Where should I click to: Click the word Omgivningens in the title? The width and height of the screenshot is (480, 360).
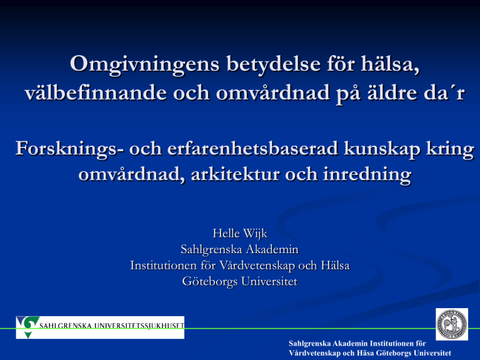coord(145,64)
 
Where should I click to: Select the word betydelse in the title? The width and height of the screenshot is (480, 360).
coord(273,64)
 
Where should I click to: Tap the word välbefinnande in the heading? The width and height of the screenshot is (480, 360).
coord(96,92)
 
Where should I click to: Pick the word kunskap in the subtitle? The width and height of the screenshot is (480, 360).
coord(382,149)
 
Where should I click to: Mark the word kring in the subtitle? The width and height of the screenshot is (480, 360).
coord(450,150)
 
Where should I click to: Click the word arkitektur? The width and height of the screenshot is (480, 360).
coord(235,174)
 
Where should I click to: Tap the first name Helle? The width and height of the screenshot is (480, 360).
coord(226,233)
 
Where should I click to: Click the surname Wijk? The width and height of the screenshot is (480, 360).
coord(255,234)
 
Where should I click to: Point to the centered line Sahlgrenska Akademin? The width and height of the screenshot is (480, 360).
coord(240,249)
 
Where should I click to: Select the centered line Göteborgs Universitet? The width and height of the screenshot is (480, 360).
coord(240,282)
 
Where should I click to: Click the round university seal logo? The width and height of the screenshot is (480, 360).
coord(451,324)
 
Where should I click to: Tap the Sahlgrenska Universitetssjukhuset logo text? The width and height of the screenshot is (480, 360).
coord(112,326)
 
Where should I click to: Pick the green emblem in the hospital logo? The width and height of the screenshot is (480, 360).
coord(28,327)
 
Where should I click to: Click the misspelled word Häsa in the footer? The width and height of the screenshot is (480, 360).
coord(366,352)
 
